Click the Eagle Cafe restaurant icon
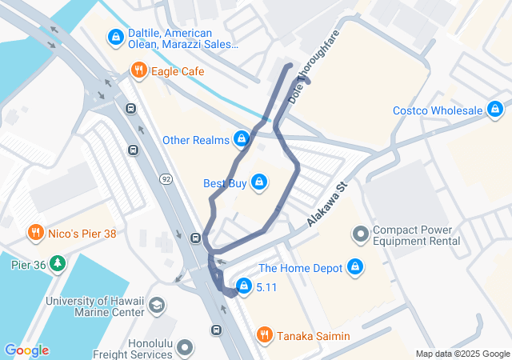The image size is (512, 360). pos(138,71)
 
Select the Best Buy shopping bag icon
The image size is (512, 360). pos(258,183)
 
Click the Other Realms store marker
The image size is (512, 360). pos(240,140)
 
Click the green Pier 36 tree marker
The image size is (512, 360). pos(57,263)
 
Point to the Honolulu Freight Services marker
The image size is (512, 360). pos(186,347)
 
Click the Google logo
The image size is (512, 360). pos(26,350)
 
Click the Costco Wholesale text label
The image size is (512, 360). pos(438,110)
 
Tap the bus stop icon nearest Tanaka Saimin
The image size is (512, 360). pos(215,330)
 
